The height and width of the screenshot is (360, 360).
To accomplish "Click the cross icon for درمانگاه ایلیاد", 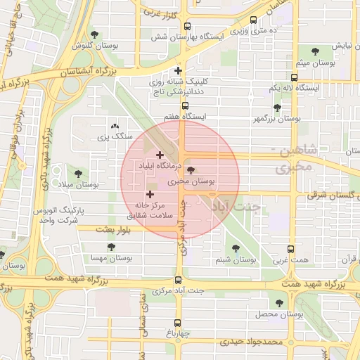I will (160, 155).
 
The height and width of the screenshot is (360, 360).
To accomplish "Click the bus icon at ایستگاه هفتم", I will (185, 105).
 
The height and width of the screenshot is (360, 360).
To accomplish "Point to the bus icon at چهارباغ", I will (176, 323).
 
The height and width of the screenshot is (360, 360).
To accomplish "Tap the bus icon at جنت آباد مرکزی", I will (179, 279).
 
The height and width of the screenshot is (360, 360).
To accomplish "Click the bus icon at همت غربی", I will (291, 249).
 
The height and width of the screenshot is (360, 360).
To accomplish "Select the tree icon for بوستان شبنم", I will (233, 248).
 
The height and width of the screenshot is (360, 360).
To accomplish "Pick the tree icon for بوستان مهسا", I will (111, 247).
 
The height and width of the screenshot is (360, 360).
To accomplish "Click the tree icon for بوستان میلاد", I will (77, 173).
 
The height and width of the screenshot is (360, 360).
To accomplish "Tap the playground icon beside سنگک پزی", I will (105, 123).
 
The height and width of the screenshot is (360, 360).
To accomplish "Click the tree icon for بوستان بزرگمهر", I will (276, 108).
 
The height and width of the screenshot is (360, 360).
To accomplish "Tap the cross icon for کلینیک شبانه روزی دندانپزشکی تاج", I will (179, 70).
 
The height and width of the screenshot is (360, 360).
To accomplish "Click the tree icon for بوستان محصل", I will (279, 303).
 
